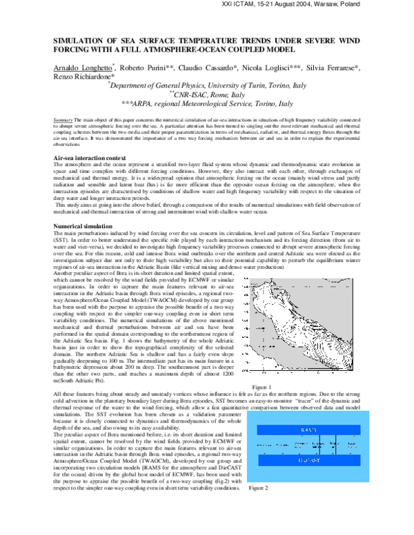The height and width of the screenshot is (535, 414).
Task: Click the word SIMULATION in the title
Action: (x=82, y=41)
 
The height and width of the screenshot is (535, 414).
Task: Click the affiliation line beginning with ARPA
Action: (x=207, y=103)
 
